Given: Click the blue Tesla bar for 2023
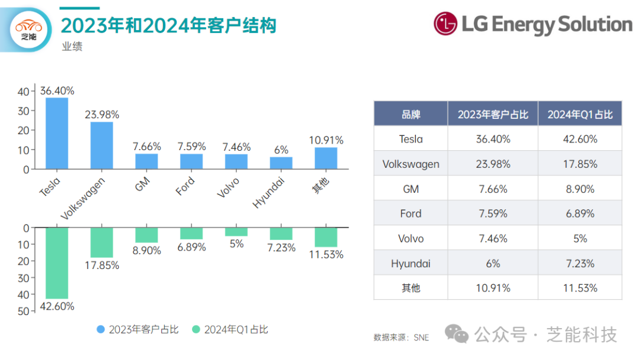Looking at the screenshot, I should point(57,133).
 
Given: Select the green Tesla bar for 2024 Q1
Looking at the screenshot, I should point(57,263).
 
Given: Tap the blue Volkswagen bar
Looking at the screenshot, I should point(102,145).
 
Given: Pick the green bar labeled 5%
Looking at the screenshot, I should point(236,232).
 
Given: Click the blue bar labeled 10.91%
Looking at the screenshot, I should point(325,158).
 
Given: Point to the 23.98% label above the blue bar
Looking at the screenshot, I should point(102,114).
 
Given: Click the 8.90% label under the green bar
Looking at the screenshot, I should point(147,251).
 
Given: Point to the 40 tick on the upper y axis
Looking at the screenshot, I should point(23,92).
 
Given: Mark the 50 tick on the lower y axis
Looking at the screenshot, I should point(23,312).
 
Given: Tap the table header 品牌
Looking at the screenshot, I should point(411,115).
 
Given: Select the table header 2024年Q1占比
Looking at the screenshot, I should point(580,115).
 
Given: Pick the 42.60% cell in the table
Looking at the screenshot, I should point(580,140).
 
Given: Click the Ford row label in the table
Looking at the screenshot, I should point(411,214).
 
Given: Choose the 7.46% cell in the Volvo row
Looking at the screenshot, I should point(493,239).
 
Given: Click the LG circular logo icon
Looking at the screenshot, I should point(445,24).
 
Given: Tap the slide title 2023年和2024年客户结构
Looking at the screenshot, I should point(168,25).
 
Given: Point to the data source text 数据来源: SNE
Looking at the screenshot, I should point(401,338).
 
